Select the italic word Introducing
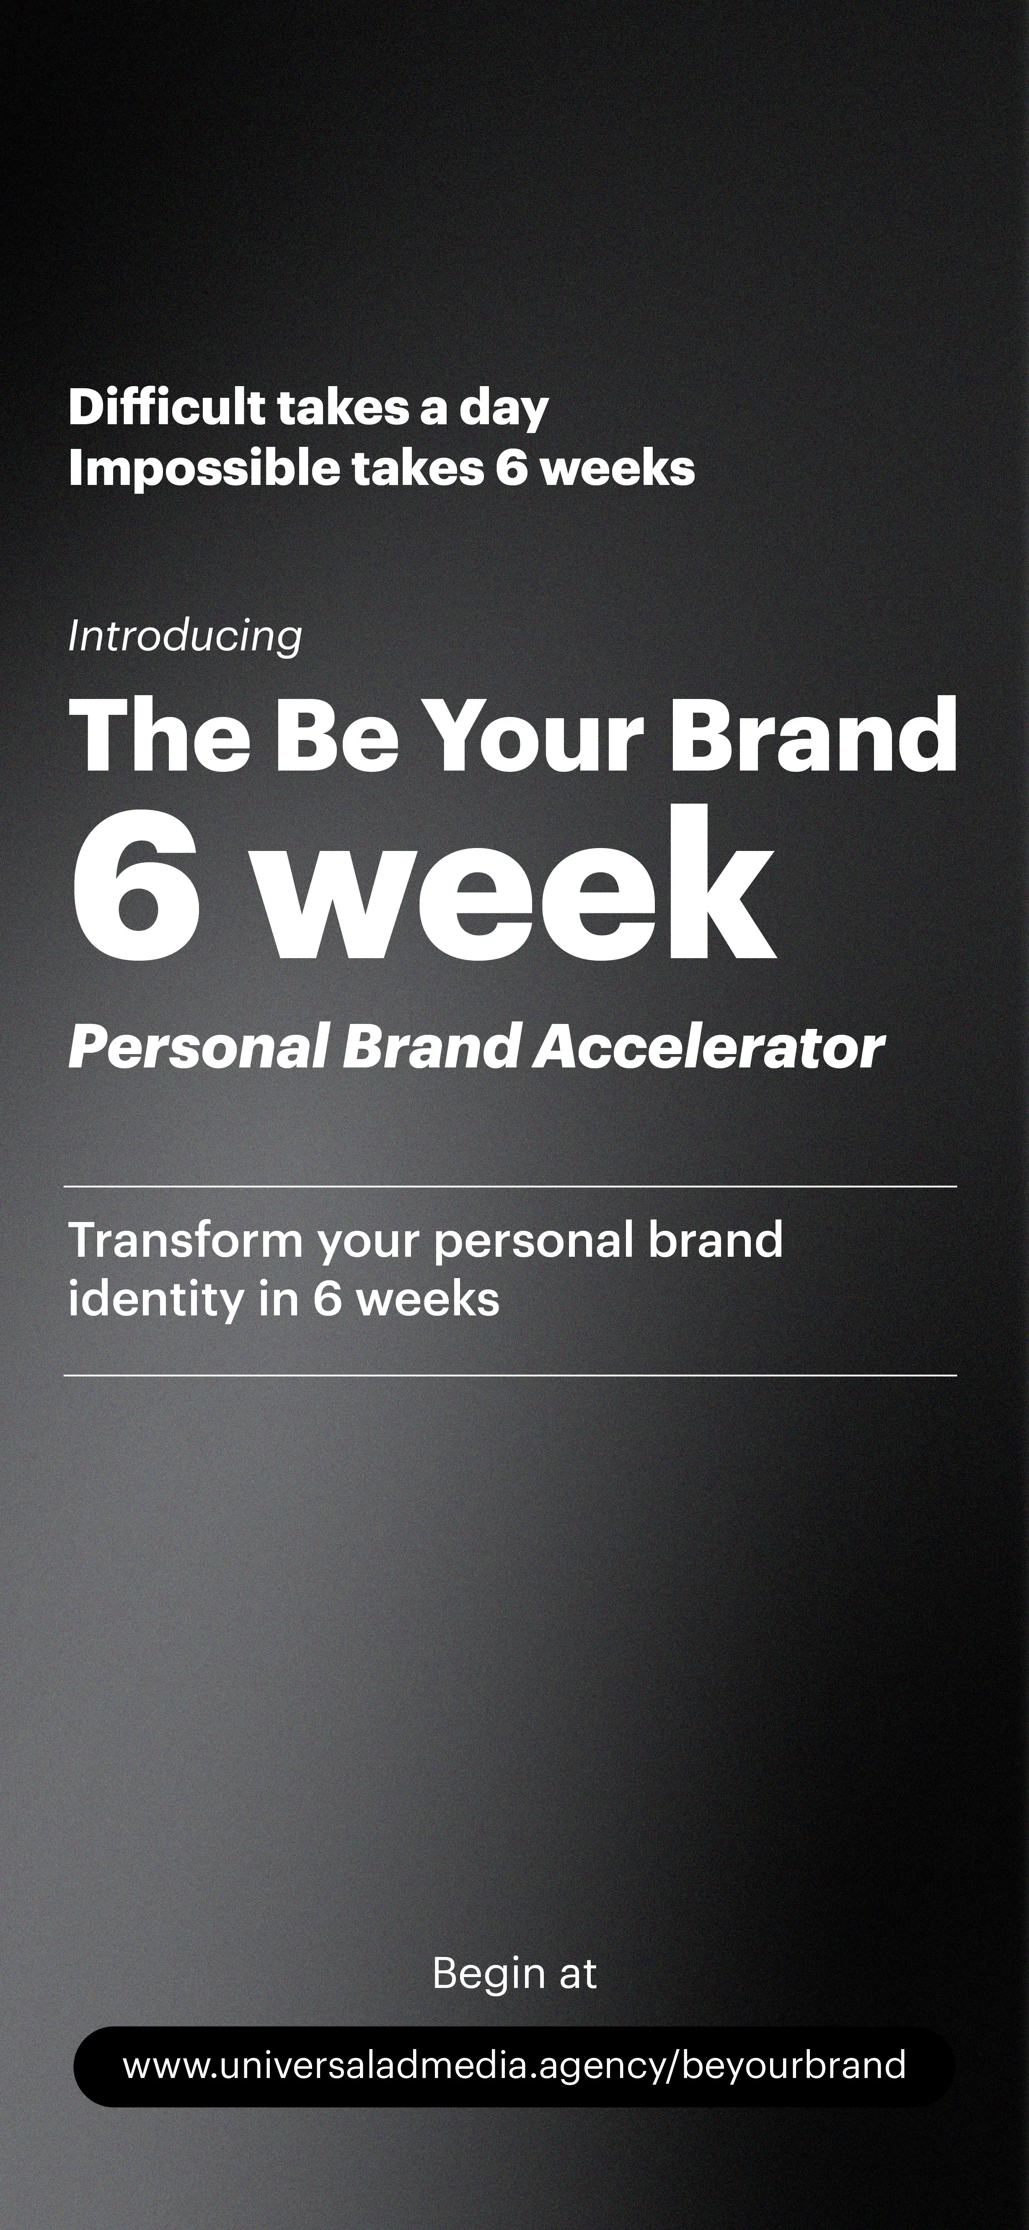[x=184, y=636]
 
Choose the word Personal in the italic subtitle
[x=197, y=1047]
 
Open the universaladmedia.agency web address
[x=514, y=2065]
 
